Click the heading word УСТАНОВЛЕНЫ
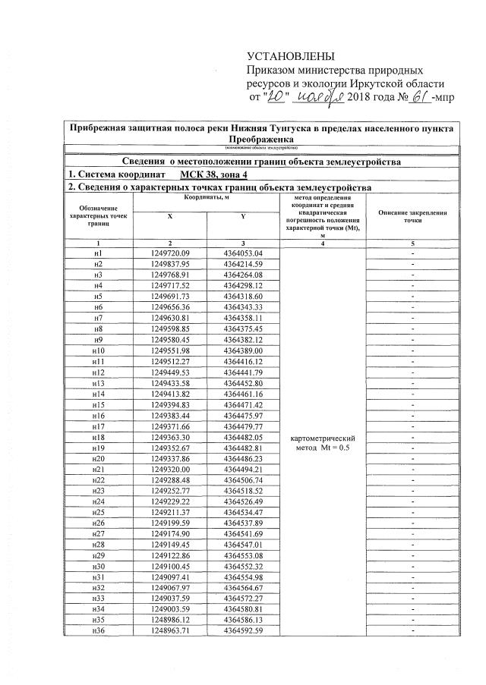[x=292, y=58]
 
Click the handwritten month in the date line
[x=319, y=98]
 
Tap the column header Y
[x=243, y=215]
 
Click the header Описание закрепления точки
[x=412, y=215]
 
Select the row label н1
[x=97, y=252]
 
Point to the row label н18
[x=97, y=438]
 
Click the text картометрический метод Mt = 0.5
[x=324, y=443]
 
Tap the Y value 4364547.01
[x=243, y=545]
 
